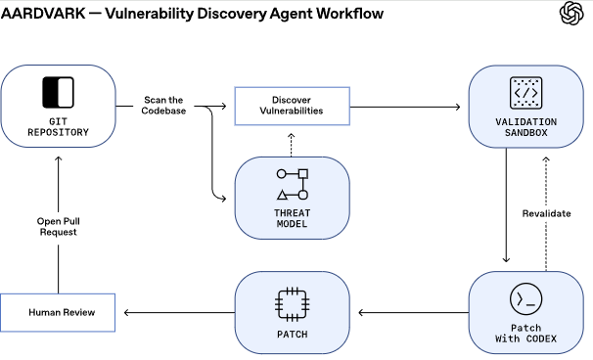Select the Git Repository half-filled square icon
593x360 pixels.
pos(58,92)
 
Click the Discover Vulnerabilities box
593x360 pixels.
pos(292,105)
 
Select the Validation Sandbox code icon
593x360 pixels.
pos(526,93)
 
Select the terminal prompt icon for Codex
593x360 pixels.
pos(526,297)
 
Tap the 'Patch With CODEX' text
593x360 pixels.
pos(526,333)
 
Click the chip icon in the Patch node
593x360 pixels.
pos(292,302)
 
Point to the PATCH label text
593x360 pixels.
pos(292,336)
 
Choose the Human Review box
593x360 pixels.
pos(58,312)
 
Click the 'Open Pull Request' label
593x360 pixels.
pos(58,226)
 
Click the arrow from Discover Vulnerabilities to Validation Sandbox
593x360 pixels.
pos(406,105)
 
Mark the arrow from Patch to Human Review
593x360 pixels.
pos(176,312)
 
